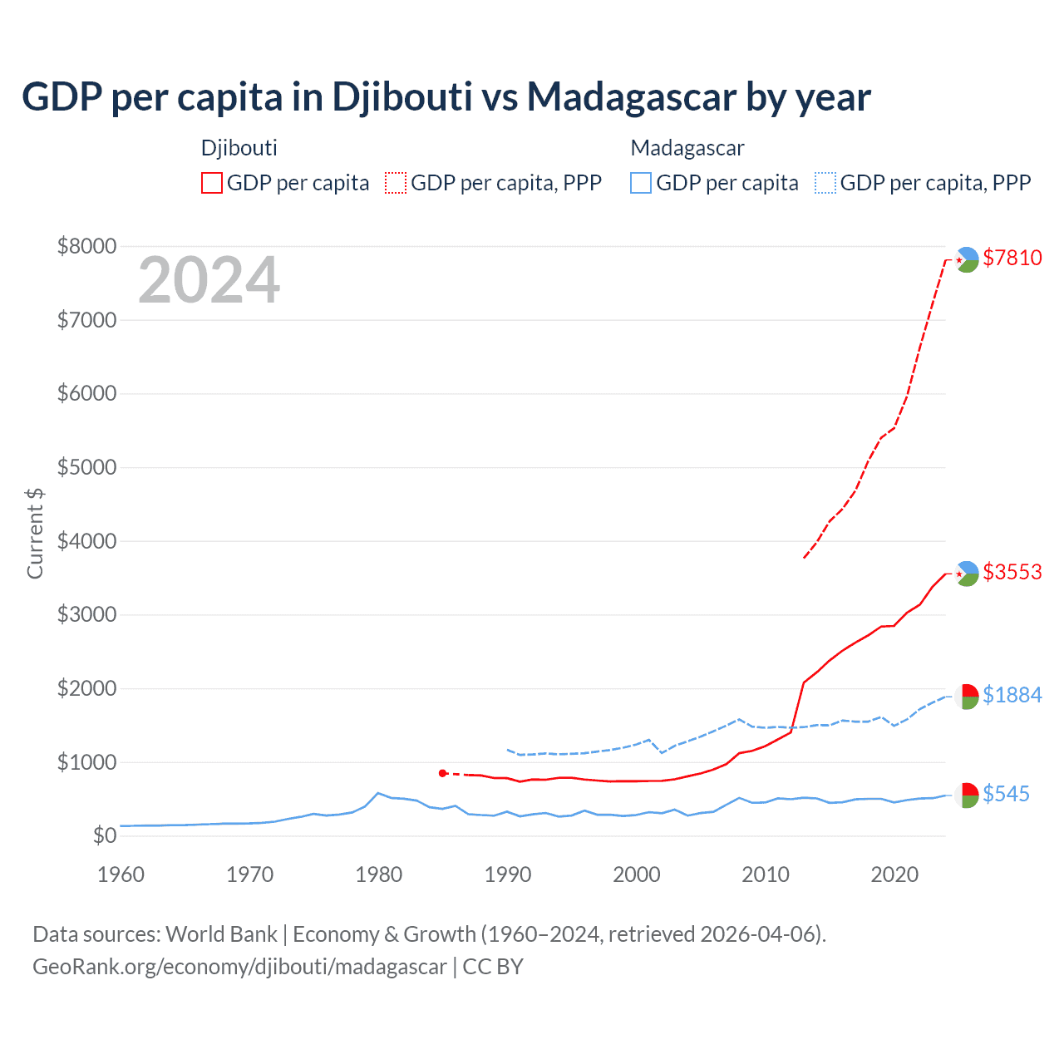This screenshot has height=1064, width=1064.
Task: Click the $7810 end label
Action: click(1012, 258)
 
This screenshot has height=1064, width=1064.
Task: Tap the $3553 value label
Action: click(1012, 572)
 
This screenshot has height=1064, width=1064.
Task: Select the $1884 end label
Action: click(1012, 695)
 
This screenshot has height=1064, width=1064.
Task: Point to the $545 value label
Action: click(1006, 794)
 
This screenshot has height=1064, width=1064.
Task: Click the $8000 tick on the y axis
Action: click(86, 246)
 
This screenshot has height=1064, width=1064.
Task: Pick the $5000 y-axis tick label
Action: click(86, 467)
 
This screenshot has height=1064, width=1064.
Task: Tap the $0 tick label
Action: click(104, 835)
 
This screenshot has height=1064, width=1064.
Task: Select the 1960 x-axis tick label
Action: click(121, 874)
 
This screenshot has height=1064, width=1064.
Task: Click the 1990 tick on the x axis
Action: click(508, 874)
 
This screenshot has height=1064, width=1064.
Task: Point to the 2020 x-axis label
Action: click(894, 874)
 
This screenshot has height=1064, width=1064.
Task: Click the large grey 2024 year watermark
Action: click(209, 280)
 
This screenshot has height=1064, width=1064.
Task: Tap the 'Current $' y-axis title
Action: click(35, 533)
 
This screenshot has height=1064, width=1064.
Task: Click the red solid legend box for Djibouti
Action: click(212, 183)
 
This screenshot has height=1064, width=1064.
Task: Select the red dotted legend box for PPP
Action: click(397, 183)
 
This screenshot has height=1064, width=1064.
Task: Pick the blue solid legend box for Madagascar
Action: click(641, 183)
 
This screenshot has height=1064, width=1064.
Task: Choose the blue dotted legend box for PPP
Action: click(825, 183)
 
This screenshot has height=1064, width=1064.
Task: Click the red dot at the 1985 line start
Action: click(443, 773)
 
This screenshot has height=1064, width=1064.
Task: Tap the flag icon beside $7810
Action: click(967, 259)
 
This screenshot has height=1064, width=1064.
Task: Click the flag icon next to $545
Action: click(967, 795)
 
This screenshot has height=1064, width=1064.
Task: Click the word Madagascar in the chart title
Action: click(632, 97)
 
